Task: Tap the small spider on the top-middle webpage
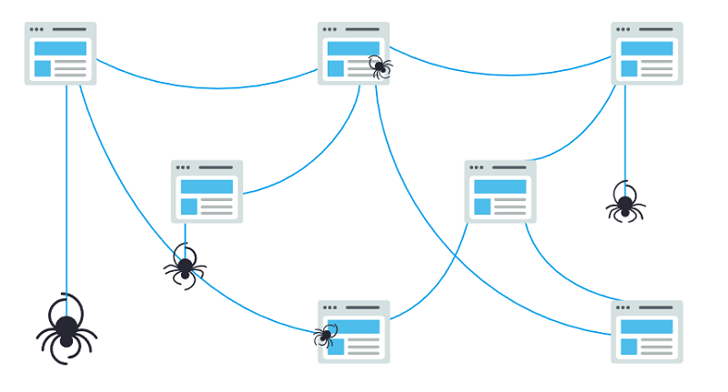(x=379, y=65)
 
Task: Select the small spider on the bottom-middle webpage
(x=325, y=336)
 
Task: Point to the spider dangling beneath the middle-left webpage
(x=185, y=266)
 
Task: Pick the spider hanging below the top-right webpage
(x=625, y=204)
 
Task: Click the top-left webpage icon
(x=60, y=54)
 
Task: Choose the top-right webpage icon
(x=647, y=54)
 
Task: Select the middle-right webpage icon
(x=500, y=192)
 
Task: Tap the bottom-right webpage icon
(x=647, y=332)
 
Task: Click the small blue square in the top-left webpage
(x=43, y=68)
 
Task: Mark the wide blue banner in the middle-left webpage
(x=207, y=186)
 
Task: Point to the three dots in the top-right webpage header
(x=623, y=30)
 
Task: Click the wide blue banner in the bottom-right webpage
(x=647, y=327)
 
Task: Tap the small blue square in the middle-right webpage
(x=482, y=206)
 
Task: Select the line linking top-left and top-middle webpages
(x=209, y=87)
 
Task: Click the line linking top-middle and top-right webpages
(x=500, y=74)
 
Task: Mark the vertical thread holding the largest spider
(x=66, y=182)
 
